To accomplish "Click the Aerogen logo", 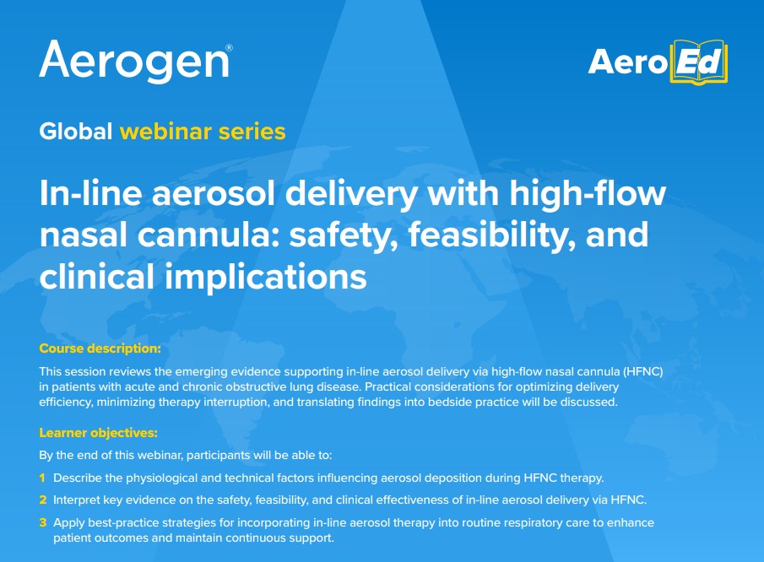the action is click(135, 61).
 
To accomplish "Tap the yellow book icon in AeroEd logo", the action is click(699, 62).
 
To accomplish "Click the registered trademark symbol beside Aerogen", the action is click(229, 48).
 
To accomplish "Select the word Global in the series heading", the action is click(75, 132).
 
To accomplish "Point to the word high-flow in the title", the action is click(587, 193).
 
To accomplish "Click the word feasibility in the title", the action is click(493, 235).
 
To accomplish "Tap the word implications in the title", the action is click(266, 277).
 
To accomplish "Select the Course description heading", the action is click(100, 349).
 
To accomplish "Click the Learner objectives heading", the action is click(99, 432).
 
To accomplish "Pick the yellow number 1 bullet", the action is click(42, 478).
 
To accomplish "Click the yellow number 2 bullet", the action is click(43, 500).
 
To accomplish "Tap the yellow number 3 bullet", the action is click(43, 522).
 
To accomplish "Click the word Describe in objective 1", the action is click(78, 478).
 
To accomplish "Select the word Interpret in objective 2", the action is click(76, 500).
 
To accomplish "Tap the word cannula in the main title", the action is click(208, 235).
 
